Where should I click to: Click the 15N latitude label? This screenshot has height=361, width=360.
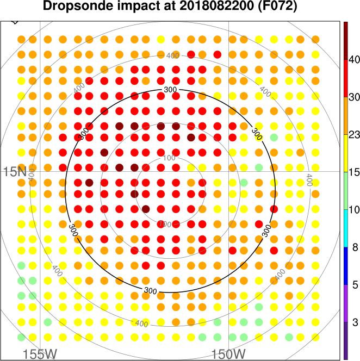coord(15,172)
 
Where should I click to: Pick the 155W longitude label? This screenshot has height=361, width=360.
coord(40,354)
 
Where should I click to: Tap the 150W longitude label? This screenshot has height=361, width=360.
coord(229,354)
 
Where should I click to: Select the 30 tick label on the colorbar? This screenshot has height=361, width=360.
coord(355,97)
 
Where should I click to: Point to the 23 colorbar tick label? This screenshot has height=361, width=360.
coord(355,134)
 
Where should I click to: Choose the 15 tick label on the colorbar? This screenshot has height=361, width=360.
coord(355,172)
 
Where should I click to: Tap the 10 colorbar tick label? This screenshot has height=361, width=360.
coord(355,209)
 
